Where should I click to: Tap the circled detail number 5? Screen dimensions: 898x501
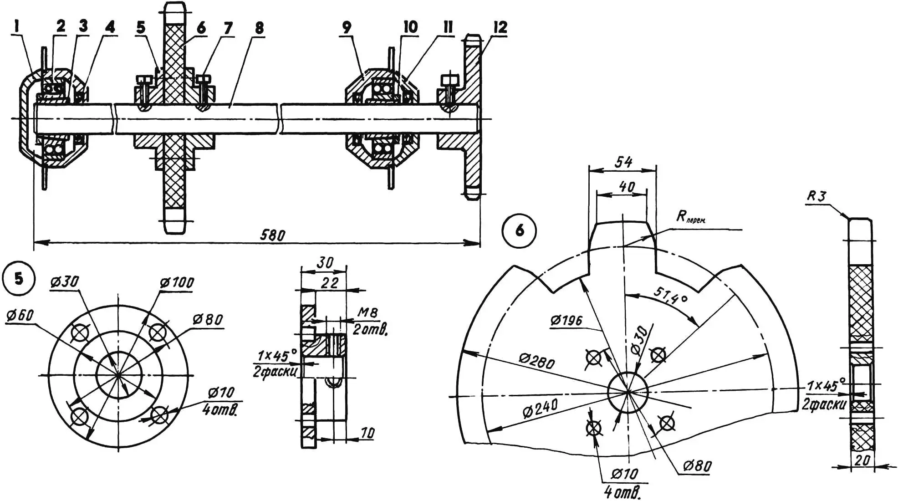[18, 278]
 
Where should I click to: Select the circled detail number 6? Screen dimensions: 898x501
[519, 230]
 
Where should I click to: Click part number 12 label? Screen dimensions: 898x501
[500, 27]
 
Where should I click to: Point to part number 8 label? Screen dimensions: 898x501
[259, 28]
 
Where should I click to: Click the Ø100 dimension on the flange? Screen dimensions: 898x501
[177, 282]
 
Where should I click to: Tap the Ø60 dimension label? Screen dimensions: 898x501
[20, 315]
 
